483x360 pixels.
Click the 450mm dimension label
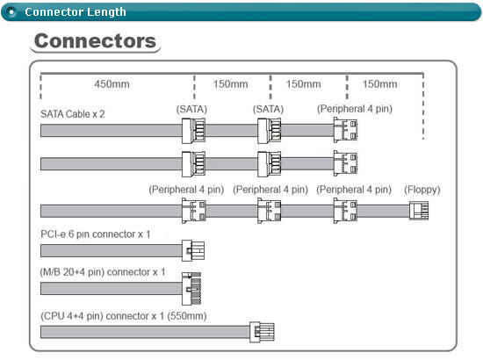click(112, 84)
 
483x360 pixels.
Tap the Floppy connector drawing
click(419, 211)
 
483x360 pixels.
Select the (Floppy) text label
click(422, 190)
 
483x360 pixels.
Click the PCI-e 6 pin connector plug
click(193, 250)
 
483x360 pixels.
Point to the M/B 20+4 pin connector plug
click(191, 289)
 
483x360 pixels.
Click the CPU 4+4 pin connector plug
click(262, 332)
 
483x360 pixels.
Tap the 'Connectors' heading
click(95, 41)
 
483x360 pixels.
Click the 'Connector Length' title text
click(76, 12)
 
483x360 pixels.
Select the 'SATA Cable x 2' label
click(73, 114)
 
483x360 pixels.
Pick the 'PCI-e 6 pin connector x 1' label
click(96, 234)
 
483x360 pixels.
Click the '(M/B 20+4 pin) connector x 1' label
click(103, 272)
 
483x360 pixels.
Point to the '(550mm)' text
click(187, 316)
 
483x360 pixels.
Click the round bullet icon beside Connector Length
click(11, 12)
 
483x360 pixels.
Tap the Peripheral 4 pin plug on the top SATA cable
click(345, 130)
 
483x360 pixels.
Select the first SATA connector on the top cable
click(193, 131)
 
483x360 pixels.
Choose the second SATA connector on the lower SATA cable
click(270, 164)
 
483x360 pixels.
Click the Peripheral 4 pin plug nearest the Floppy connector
click(345, 211)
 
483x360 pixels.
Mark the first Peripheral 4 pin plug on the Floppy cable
click(194, 211)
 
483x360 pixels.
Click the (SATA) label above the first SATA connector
click(191, 110)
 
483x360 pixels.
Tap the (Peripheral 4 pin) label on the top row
click(355, 109)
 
